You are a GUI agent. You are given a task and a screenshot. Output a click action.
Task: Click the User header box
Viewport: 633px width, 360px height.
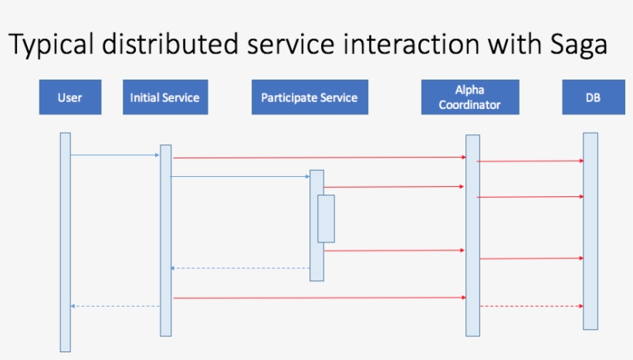pyautogui.click(x=70, y=98)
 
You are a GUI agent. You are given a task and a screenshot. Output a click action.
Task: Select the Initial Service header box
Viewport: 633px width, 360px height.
pyautogui.click(x=164, y=98)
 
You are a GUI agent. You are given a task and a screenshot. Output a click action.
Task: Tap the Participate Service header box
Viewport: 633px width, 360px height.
pyautogui.click(x=309, y=98)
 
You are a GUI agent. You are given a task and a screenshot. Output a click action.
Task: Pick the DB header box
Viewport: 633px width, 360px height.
pyautogui.click(x=593, y=98)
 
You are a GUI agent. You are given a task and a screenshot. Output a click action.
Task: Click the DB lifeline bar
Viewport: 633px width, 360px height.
pyautogui.click(x=591, y=231)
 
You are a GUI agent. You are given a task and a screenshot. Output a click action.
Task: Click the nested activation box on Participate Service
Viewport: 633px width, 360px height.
pyautogui.click(x=326, y=219)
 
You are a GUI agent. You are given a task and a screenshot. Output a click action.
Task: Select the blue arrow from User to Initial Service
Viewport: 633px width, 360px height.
pyautogui.click(x=115, y=155)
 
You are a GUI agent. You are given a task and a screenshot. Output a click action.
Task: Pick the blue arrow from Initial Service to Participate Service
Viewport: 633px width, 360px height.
pyautogui.click(x=240, y=177)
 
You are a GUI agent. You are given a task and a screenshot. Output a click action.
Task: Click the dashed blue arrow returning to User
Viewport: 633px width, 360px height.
pyautogui.click(x=116, y=306)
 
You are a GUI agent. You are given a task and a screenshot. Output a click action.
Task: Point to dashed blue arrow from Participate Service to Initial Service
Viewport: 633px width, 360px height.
pyautogui.click(x=240, y=268)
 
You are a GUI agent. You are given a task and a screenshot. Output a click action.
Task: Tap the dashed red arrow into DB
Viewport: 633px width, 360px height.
pyautogui.click(x=531, y=306)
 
